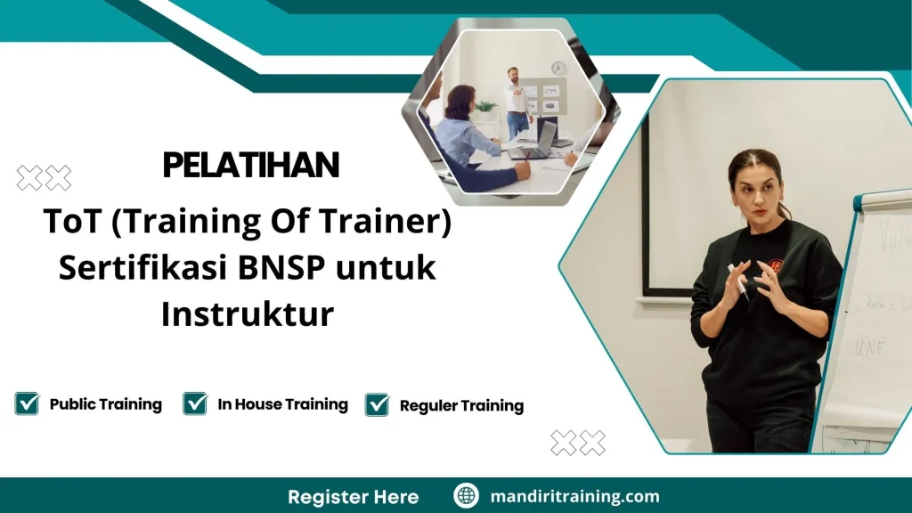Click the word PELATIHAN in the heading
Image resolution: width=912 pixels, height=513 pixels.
250,166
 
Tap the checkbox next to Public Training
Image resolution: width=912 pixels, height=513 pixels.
27,403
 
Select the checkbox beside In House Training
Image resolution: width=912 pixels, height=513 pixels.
195,403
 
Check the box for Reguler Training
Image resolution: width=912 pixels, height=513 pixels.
378,404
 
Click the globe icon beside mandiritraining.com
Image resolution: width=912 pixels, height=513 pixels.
467,496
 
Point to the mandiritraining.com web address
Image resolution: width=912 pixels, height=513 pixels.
575,496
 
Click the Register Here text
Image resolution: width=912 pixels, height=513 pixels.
353,496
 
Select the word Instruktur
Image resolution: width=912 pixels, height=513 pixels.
248,313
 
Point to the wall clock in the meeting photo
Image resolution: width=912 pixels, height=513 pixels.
558,68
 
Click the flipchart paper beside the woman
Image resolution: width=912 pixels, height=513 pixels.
868,321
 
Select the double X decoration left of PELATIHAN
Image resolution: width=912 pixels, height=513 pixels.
44,178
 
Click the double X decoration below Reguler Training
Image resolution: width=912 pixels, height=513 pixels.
577,443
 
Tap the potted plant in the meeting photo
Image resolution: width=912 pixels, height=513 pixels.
486,109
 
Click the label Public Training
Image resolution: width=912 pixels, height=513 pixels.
105,404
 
